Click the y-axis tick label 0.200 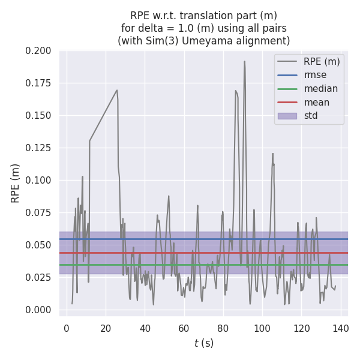coord(38,51)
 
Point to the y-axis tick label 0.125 coord(38,148)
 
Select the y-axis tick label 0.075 coord(38,213)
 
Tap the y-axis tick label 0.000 coord(38,310)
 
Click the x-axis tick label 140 coord(341,328)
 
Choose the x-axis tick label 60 coord(184,328)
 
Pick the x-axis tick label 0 coord(66,328)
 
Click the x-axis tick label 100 coord(262,328)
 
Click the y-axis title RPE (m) coord(16,183)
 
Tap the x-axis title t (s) coord(203,344)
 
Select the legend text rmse coord(316,75)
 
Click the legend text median coord(320,89)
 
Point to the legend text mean coord(317,102)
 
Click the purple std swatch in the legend coord(287,116)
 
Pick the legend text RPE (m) coord(322,61)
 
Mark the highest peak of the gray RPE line coord(244,61)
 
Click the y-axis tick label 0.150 coord(38,116)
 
